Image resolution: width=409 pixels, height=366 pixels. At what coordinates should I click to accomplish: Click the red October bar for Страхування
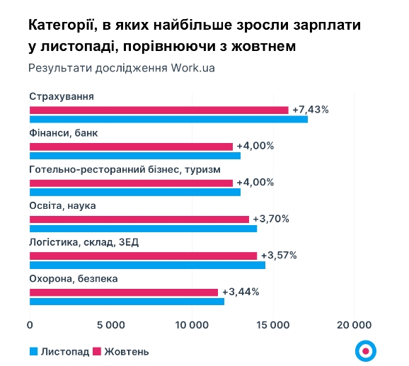[x=159, y=110]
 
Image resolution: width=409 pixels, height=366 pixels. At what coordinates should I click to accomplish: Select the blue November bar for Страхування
[x=168, y=119]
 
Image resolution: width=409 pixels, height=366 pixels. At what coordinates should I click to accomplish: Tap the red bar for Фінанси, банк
[x=131, y=147]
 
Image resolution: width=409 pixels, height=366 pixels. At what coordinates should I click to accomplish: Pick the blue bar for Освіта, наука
[x=143, y=229]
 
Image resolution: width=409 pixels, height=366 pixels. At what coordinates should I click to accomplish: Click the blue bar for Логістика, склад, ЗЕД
[x=147, y=265]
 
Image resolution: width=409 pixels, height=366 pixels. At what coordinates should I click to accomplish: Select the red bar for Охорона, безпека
[x=124, y=292]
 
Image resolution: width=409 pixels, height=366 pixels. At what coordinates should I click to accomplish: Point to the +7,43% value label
[x=311, y=109]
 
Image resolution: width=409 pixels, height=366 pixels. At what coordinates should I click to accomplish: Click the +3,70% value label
[x=271, y=219]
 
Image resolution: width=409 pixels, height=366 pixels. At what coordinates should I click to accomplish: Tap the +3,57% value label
[x=279, y=256]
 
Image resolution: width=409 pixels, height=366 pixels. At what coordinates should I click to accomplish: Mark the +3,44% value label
[x=241, y=292]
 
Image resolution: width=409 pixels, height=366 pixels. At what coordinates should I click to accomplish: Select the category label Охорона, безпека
[x=73, y=279]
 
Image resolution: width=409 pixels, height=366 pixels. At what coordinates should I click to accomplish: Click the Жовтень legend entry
[x=121, y=351]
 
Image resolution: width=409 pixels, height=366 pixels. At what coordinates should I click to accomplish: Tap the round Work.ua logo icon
[x=366, y=350]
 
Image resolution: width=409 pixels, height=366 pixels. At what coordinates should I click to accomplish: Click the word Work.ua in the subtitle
[x=192, y=69]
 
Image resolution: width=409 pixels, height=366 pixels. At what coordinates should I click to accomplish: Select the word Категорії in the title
[x=64, y=25]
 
